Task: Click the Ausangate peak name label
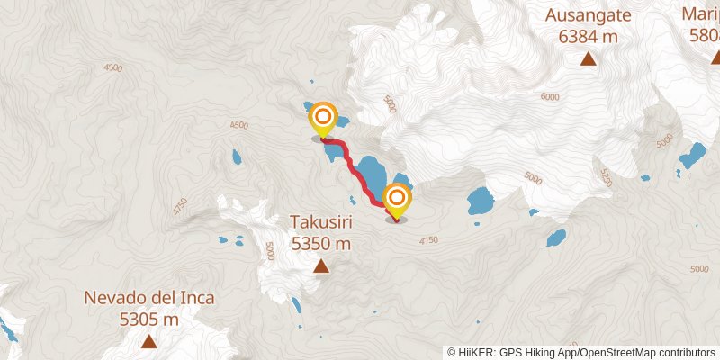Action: [588, 15]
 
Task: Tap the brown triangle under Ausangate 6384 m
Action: [588, 59]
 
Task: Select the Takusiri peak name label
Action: [320, 221]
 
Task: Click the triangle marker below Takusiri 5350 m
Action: [320, 265]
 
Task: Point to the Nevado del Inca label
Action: [149, 298]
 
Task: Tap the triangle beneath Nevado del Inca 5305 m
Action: [148, 342]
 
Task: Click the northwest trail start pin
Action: [323, 119]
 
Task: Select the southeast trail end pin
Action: [397, 199]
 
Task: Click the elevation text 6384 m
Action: [588, 36]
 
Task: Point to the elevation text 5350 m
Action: [320, 243]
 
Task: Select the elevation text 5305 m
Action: [149, 319]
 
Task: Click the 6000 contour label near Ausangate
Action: [550, 97]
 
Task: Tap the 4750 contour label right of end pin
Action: [428, 240]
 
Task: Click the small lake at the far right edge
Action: [692, 157]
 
